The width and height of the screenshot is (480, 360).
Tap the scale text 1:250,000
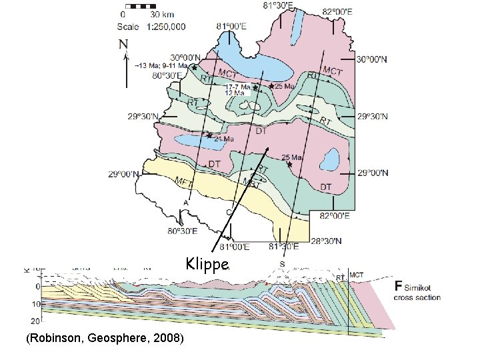163,27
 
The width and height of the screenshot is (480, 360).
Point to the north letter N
123,45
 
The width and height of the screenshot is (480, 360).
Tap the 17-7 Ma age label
238,87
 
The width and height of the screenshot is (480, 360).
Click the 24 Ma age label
224,139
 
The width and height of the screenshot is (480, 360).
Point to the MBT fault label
250,181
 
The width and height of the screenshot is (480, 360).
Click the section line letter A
185,202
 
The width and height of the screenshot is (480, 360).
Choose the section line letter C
229,211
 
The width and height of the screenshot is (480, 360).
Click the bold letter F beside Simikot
399,286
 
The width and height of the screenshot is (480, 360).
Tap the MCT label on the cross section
357,273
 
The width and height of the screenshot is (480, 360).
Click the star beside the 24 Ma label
209,135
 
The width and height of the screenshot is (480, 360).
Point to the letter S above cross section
282,265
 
